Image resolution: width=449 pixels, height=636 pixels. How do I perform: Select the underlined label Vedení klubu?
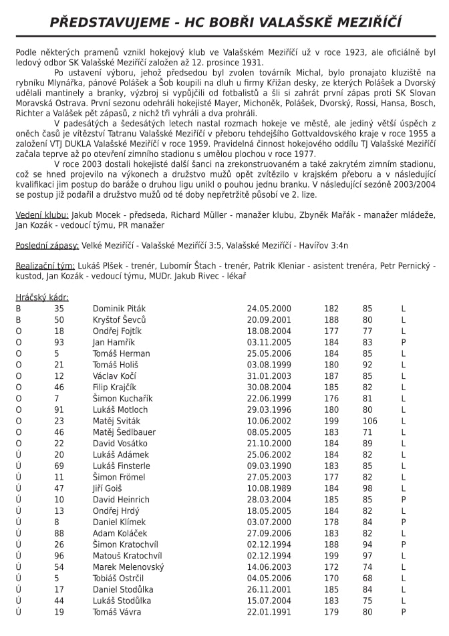pyautogui.click(x=41, y=215)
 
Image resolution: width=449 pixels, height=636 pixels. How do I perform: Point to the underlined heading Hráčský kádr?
pyautogui.click(x=42, y=297)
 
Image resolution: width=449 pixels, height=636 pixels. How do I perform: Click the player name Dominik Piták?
pyautogui.click(x=119, y=309)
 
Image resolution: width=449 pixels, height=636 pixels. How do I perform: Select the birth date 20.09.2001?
pyautogui.click(x=269, y=320)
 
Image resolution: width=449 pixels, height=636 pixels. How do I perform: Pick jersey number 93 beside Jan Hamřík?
pyautogui.click(x=59, y=342)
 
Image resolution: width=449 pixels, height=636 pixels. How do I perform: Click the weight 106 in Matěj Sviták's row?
pyautogui.click(x=369, y=421)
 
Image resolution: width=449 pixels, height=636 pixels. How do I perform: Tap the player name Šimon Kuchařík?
pyautogui.click(x=122, y=398)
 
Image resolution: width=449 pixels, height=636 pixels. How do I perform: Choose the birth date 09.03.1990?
pyautogui.click(x=269, y=466)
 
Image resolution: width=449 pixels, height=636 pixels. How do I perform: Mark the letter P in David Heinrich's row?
pyautogui.click(x=404, y=500)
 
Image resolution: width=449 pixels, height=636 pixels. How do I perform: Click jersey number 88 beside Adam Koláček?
pyautogui.click(x=59, y=533)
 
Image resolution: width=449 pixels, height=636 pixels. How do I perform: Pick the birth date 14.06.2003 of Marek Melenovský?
pyautogui.click(x=269, y=567)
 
